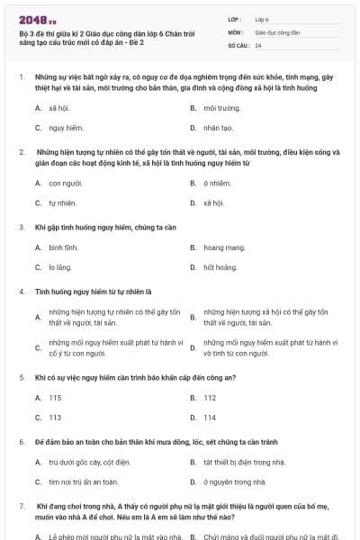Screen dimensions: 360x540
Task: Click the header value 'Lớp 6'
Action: [262, 18]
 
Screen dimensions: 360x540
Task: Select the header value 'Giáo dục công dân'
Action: [275, 31]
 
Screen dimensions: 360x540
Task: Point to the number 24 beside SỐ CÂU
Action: [258, 45]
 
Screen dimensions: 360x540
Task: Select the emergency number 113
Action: [55, 418]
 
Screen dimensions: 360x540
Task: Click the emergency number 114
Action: [210, 418]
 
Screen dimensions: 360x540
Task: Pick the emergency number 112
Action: [210, 397]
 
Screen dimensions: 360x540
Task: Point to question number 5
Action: [21, 377]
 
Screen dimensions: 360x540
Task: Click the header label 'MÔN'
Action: [235, 31]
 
